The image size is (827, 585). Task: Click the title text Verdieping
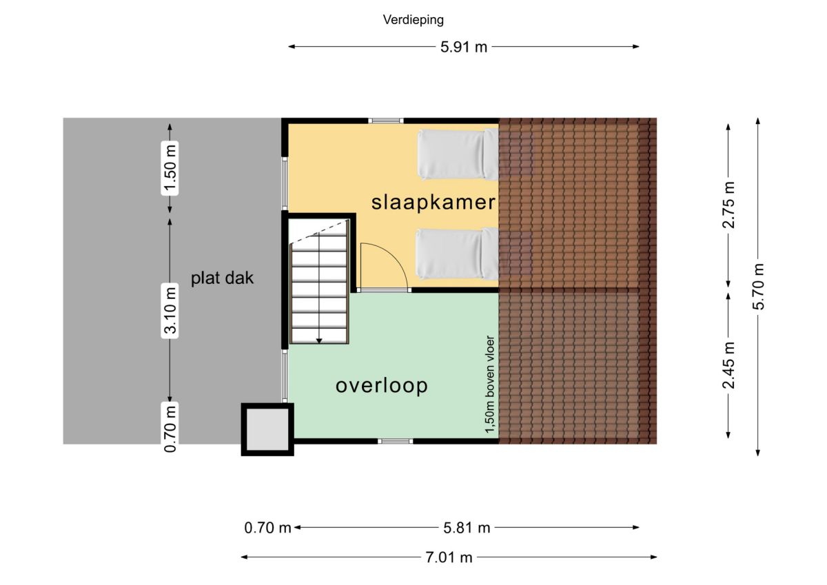pyautogui.click(x=413, y=20)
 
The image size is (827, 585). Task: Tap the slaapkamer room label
pyautogui.click(x=433, y=203)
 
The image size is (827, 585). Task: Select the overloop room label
pyautogui.click(x=381, y=386)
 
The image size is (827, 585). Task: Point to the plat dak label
pyautogui.click(x=222, y=278)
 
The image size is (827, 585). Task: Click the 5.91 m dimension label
pyautogui.click(x=464, y=47)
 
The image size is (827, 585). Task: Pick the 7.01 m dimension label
pyautogui.click(x=449, y=557)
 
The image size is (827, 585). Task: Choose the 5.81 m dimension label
pyautogui.click(x=467, y=528)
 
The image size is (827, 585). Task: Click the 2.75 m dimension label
pyautogui.click(x=728, y=205)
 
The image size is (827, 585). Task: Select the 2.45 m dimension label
pyautogui.click(x=728, y=365)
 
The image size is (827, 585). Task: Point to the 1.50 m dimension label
pyautogui.click(x=170, y=168)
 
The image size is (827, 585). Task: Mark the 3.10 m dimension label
pyautogui.click(x=170, y=311)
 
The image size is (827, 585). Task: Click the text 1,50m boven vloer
pyautogui.click(x=489, y=384)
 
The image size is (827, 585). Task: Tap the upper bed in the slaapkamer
pyautogui.click(x=458, y=154)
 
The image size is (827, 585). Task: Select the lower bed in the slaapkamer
pyautogui.click(x=457, y=254)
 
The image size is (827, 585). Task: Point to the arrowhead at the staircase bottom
pyautogui.click(x=319, y=341)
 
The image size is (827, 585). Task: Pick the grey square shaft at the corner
pyautogui.click(x=267, y=429)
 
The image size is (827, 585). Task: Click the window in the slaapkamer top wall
pyautogui.click(x=386, y=121)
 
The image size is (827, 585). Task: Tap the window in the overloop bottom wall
pyautogui.click(x=395, y=441)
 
